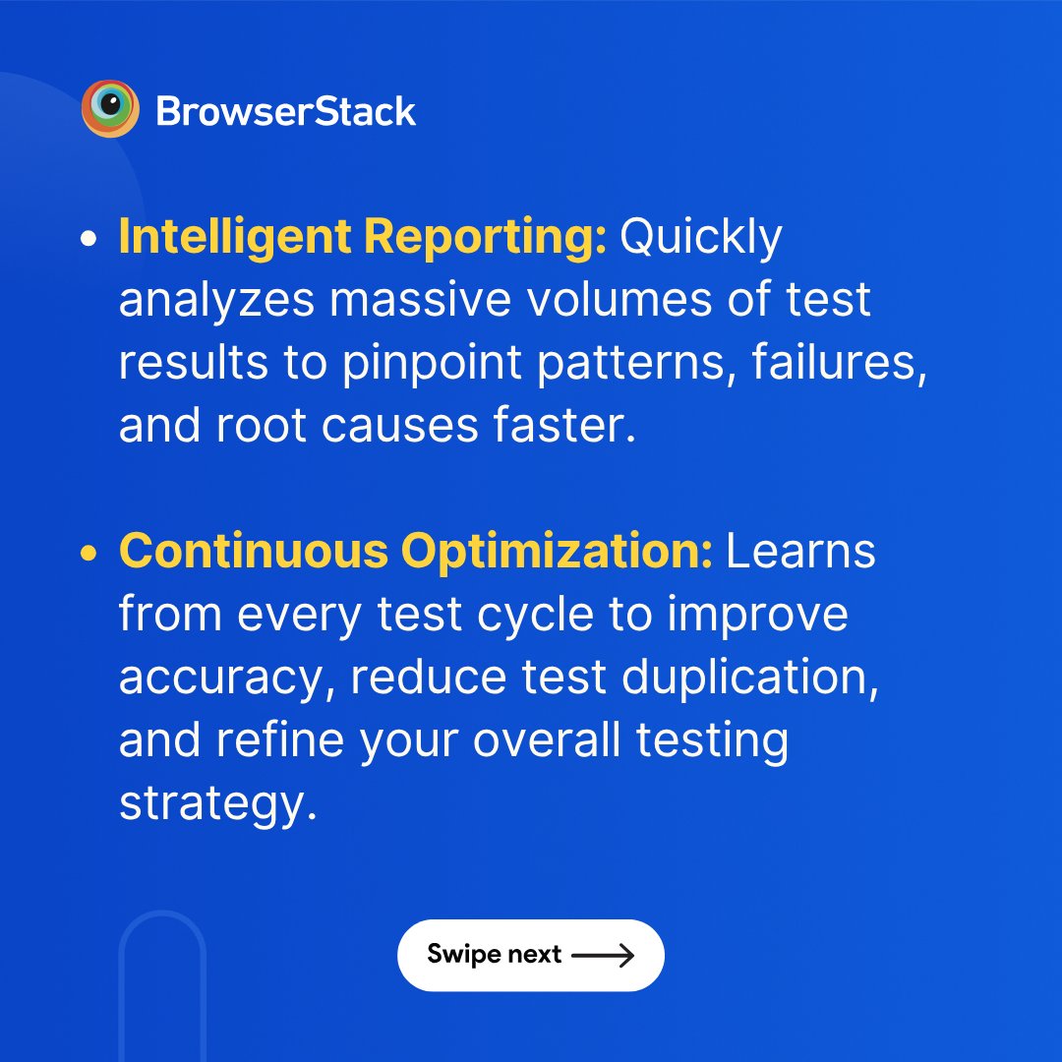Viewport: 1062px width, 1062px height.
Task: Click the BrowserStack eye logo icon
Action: click(x=110, y=109)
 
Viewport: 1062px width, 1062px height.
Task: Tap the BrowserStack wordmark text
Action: click(x=286, y=111)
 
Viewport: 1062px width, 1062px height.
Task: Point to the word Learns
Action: click(x=800, y=553)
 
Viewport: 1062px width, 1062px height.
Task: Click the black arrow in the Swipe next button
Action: click(x=603, y=955)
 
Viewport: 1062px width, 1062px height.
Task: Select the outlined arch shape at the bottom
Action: click(x=161, y=983)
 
